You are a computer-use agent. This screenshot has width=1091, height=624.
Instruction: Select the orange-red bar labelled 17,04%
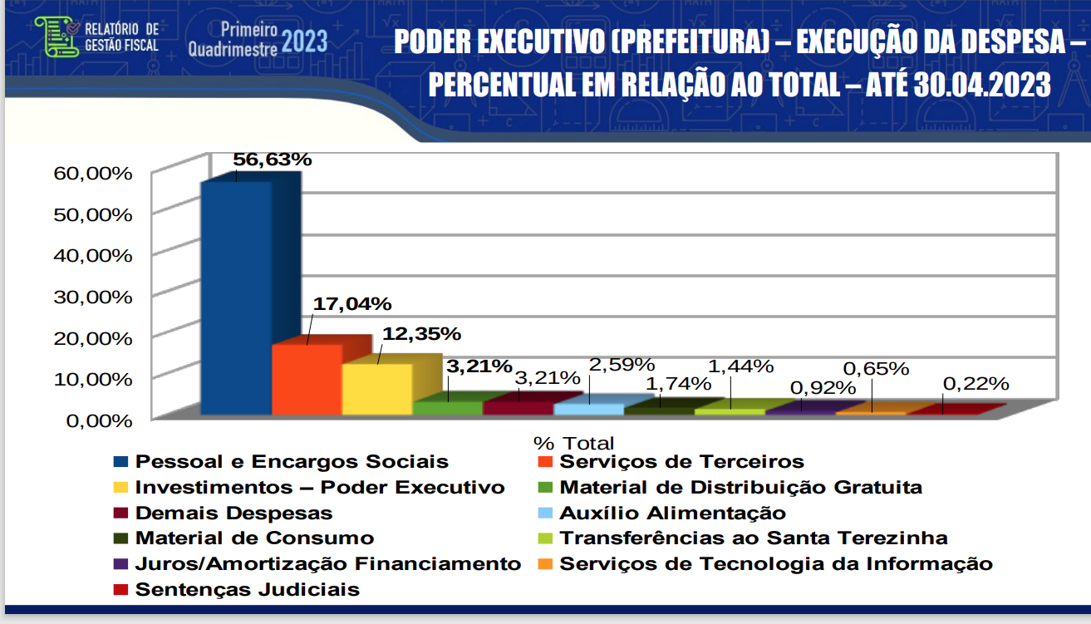coord(307,379)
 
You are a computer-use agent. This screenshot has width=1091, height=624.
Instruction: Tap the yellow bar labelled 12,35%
coord(376,389)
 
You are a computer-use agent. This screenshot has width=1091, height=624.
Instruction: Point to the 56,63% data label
coord(272,160)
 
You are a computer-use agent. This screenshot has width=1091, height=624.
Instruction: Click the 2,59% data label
coord(622,365)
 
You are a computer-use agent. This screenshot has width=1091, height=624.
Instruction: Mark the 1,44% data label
coord(740,366)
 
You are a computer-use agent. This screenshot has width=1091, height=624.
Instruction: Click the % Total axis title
coord(573,443)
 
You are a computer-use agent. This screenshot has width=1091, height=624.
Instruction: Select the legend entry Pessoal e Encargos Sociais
coord(292,462)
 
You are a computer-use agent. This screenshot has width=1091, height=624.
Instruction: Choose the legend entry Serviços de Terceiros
coord(681,462)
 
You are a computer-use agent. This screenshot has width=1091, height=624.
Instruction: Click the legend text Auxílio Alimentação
coord(672,513)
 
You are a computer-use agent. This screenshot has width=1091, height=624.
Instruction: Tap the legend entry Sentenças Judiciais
coord(247,590)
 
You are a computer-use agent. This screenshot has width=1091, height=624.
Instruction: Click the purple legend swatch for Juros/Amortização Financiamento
coord(121,564)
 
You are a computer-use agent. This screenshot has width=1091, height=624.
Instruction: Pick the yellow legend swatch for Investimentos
coord(121,488)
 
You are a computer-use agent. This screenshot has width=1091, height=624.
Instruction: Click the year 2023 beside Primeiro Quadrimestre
coord(304,41)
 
